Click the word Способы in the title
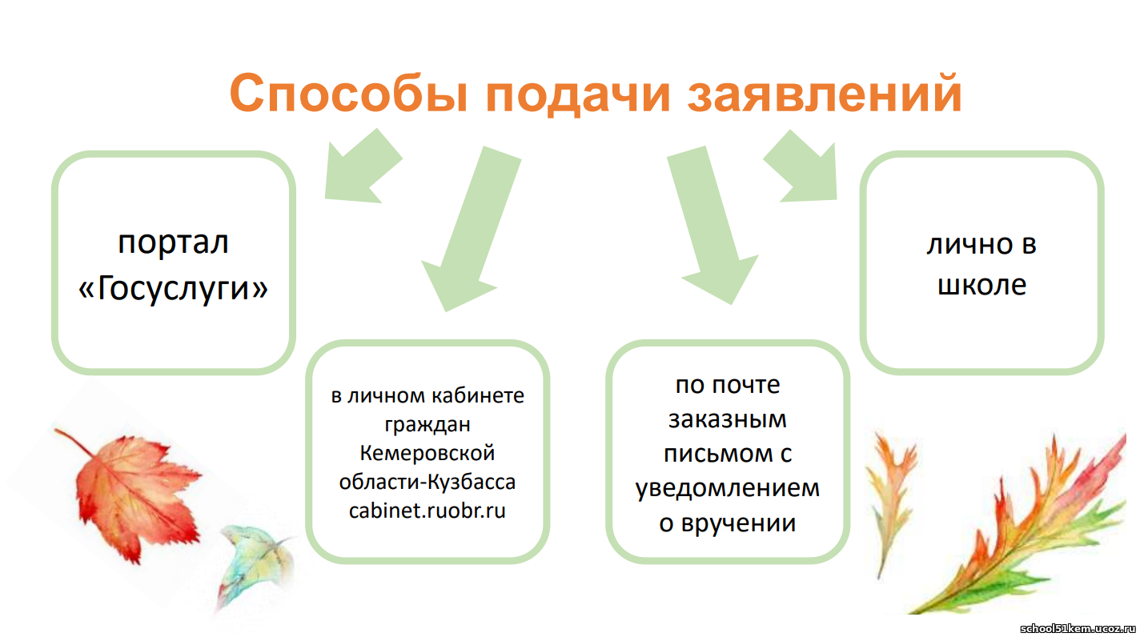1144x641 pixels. pos(349,94)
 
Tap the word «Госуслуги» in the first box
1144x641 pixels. pos(173,288)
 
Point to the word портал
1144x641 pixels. pos(173,243)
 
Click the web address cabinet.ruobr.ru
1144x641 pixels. pos(427,511)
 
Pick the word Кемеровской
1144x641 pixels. pos(427,453)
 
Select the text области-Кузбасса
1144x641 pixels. pos(427,482)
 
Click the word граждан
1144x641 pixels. pos(427,425)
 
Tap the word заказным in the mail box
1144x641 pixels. pos(728,419)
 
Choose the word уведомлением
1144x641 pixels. pos(728,489)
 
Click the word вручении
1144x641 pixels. pos(738,523)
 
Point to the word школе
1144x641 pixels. pos(982,285)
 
